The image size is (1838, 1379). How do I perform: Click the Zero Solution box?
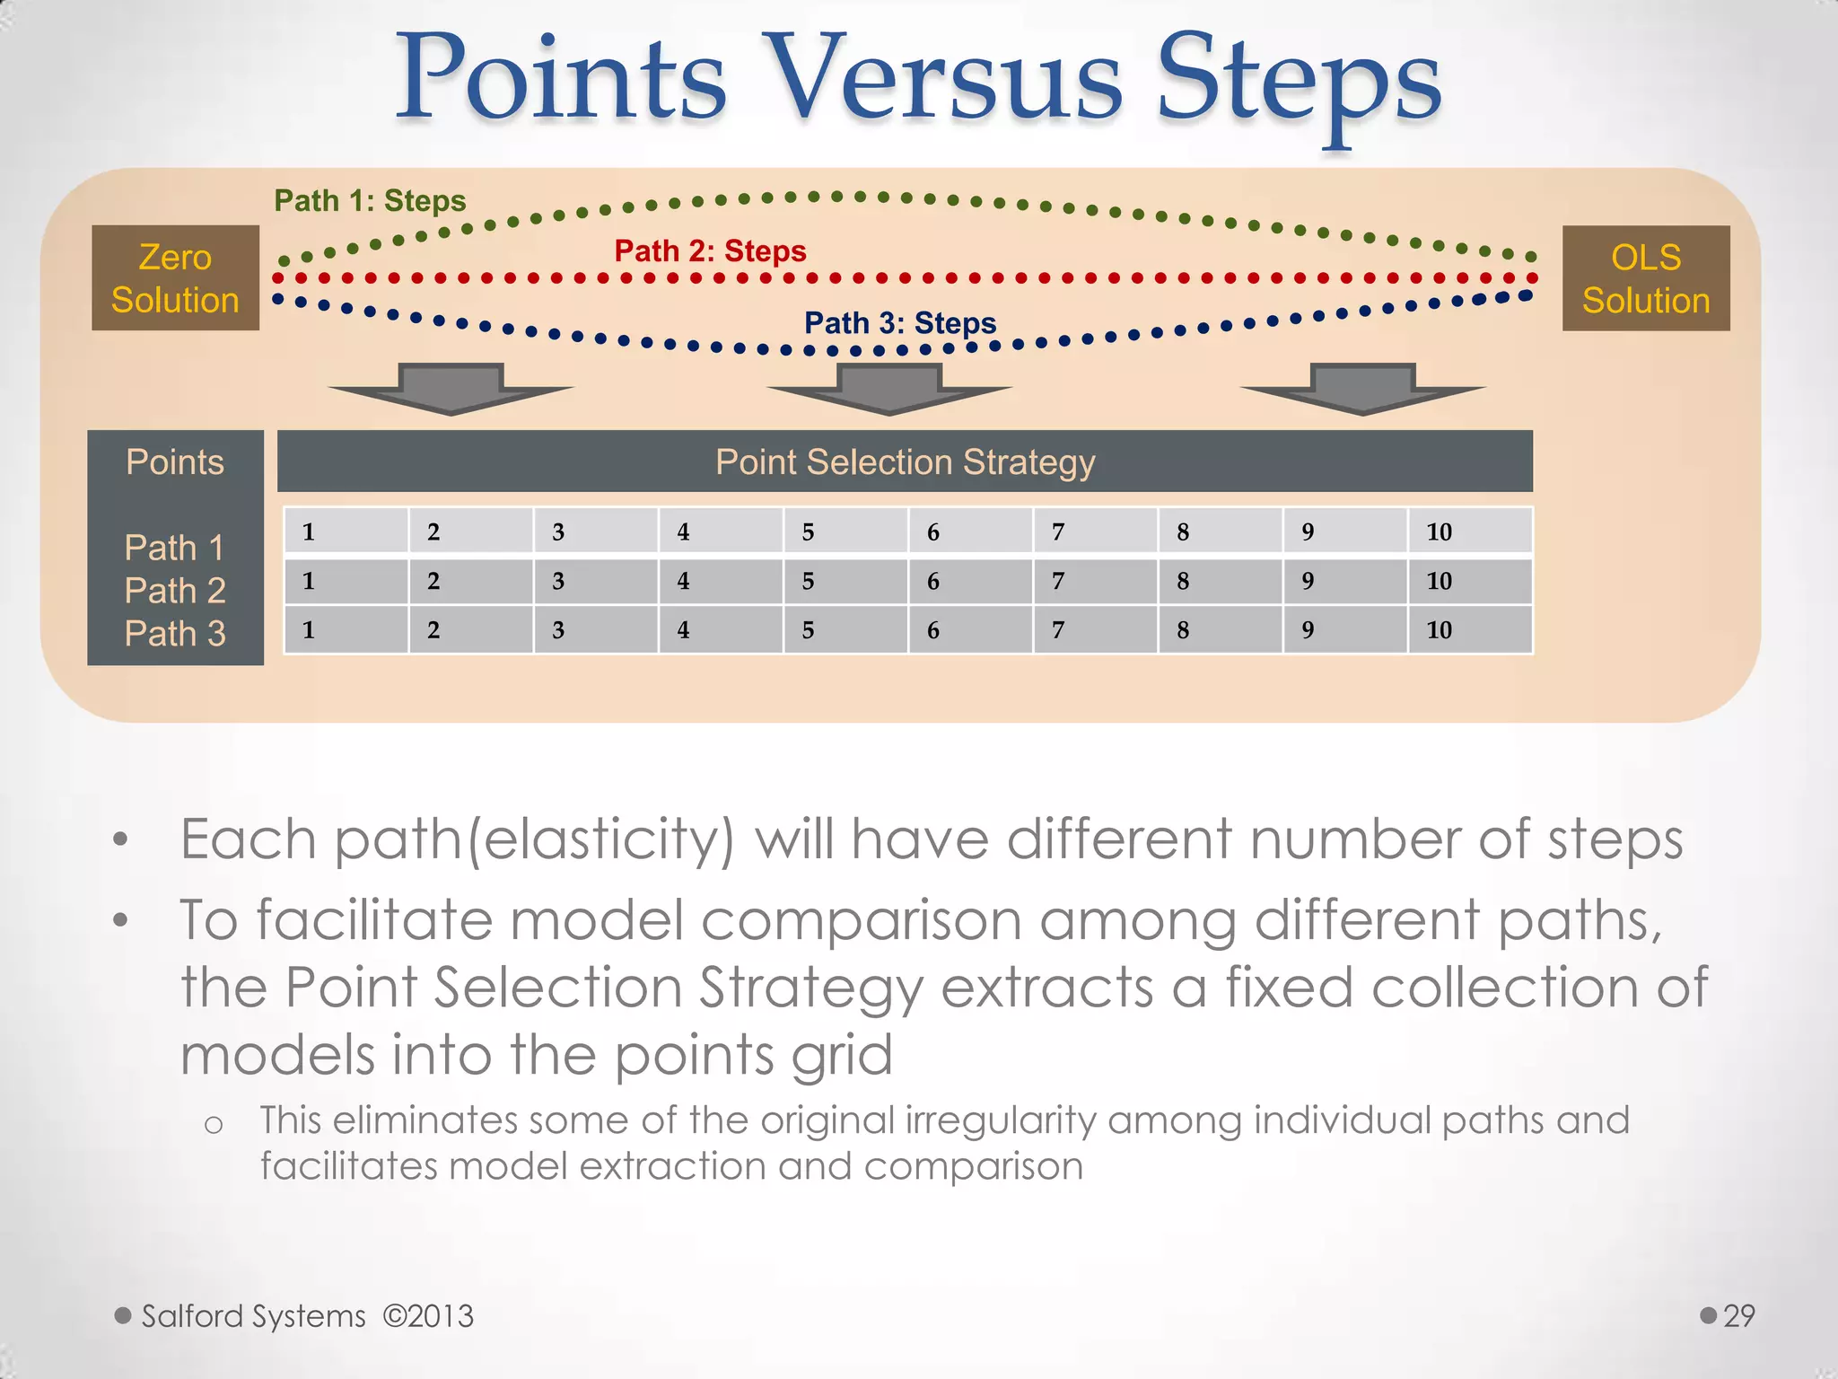tap(175, 278)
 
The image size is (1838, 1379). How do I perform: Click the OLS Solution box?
tap(1645, 278)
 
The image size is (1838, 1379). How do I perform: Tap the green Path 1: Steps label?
tap(370, 200)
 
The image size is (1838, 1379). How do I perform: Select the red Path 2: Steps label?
tap(710, 250)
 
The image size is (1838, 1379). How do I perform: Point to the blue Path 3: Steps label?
tap(899, 322)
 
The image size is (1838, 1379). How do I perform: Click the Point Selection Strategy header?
tap(905, 461)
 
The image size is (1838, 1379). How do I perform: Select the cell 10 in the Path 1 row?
tap(1469, 531)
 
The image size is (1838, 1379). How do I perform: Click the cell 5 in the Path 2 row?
tap(845, 581)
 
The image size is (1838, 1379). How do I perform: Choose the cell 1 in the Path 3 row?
tap(346, 629)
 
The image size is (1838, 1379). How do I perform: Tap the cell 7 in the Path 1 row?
tap(1094, 531)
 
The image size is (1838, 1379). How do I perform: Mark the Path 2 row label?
tap(175, 591)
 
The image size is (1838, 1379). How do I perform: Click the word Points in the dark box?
tap(175, 461)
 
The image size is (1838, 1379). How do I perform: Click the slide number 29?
tap(1738, 1315)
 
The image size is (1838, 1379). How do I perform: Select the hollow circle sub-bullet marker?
tap(214, 1125)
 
